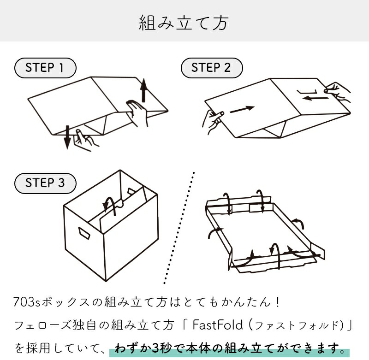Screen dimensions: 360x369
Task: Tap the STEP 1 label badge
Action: click(45, 68)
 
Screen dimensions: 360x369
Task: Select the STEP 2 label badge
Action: click(211, 68)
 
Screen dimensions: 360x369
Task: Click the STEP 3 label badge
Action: click(45, 183)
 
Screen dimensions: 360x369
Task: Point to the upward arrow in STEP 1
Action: click(143, 90)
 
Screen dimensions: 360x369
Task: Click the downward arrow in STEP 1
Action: click(67, 137)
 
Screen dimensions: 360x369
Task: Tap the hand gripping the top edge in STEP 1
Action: click(137, 112)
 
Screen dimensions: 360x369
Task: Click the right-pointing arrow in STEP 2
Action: click(242, 110)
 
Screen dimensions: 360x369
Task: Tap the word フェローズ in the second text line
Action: click(41, 326)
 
